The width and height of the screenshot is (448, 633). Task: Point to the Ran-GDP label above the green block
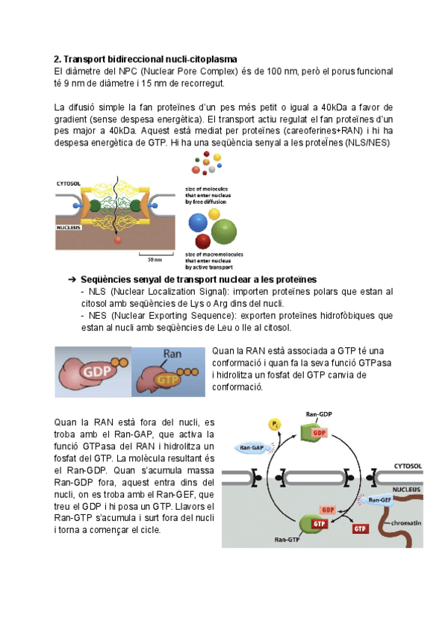tap(319, 413)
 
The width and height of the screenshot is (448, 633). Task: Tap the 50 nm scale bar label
tap(155, 260)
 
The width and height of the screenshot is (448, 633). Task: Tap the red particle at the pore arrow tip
tap(117, 240)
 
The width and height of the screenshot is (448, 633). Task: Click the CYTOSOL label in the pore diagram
tap(70, 183)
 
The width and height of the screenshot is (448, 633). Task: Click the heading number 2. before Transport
tap(57, 58)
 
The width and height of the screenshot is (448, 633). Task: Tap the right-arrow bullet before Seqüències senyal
tap(72, 278)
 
